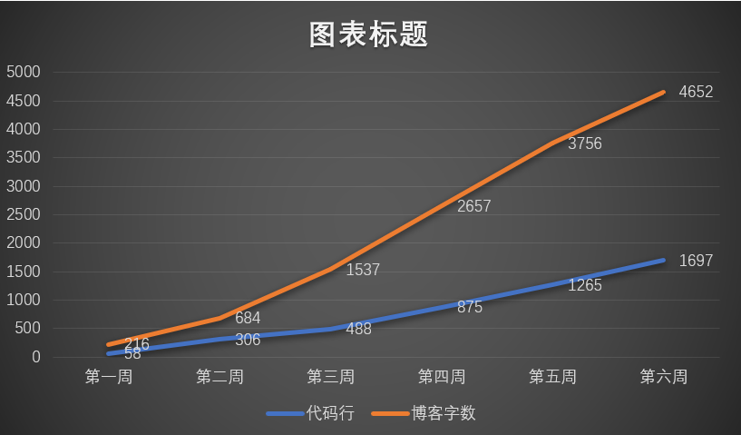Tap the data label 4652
[696, 92]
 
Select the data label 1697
[696, 261]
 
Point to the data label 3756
[585, 143]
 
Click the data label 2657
[473, 206]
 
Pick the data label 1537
[363, 270]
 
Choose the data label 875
[470, 307]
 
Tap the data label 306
[248, 340]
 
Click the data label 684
[248, 318]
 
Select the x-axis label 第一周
[108, 376]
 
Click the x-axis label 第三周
[330, 376]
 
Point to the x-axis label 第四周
[442, 376]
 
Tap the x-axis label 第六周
[664, 376]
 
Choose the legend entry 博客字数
[444, 413]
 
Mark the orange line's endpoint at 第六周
[664, 92]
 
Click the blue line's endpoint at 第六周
[664, 261]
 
